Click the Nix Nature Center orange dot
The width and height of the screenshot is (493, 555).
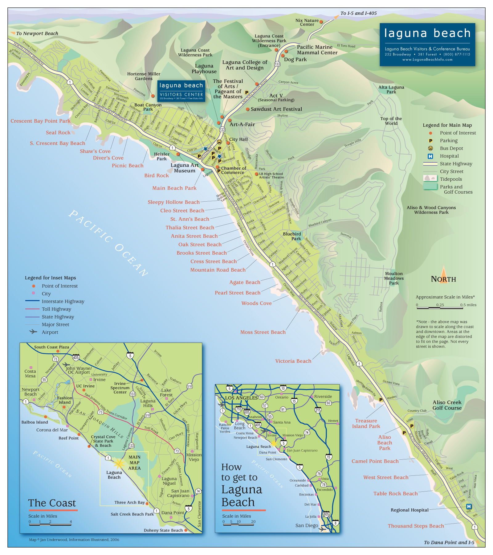[321, 22]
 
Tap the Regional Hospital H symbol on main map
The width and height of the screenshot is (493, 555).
[469, 506]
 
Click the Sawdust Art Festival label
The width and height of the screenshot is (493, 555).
[276, 109]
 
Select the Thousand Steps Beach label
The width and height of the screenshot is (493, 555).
[416, 526]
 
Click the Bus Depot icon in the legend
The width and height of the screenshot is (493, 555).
[430, 148]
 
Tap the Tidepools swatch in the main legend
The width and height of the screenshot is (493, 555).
[430, 178]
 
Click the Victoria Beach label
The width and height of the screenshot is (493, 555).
[293, 361]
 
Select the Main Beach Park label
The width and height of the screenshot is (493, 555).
[174, 188]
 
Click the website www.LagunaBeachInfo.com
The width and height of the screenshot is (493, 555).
[427, 60]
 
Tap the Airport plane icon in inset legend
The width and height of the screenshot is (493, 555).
[33, 332]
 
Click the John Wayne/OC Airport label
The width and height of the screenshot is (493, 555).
[79, 370]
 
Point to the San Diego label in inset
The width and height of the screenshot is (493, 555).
[307, 526]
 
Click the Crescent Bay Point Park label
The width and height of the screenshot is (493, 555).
[40, 121]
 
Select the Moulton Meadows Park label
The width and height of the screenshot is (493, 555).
[394, 278]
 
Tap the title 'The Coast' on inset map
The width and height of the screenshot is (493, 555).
[52, 503]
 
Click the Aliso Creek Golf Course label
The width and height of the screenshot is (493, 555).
[447, 405]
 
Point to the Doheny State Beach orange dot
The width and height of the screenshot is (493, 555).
[186, 530]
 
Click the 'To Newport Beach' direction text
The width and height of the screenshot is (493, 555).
[37, 34]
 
